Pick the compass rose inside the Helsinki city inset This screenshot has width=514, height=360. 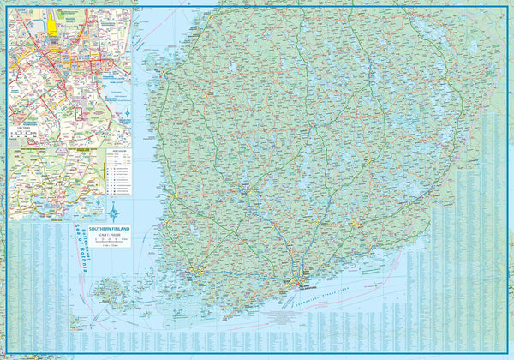pos(127,113)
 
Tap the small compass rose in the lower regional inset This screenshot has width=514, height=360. pos(97,206)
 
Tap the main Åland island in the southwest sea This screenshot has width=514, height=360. pos(109,291)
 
